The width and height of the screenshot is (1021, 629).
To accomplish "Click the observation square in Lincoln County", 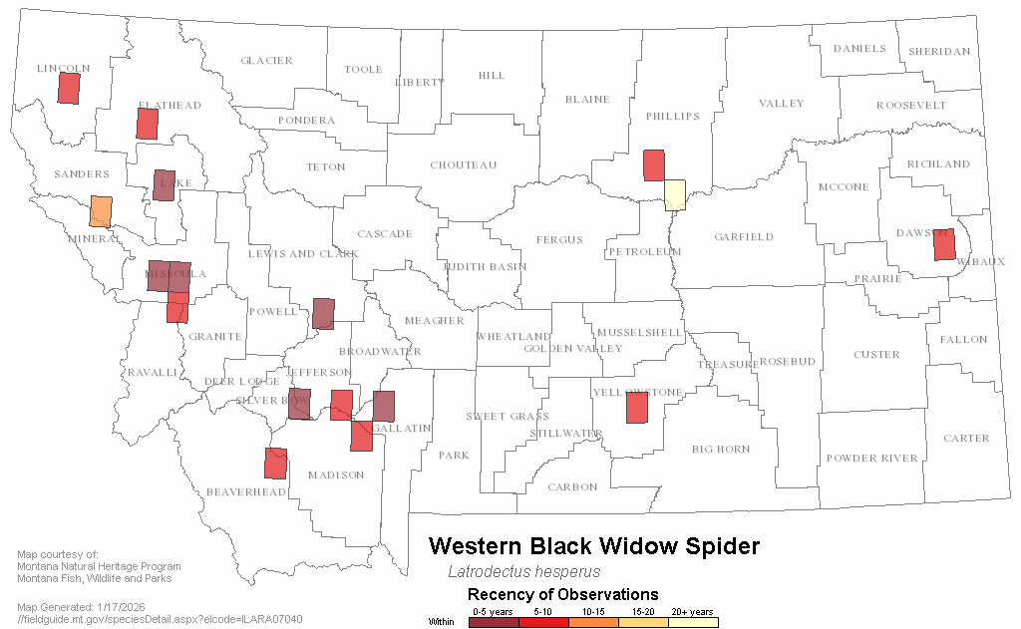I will pyautogui.click(x=69, y=88).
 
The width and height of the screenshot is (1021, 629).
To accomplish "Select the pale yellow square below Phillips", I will pyautogui.click(x=675, y=193).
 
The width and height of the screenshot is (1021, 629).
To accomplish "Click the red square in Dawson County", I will pyautogui.click(x=944, y=244).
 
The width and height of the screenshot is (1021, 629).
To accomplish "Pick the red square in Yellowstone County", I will pyautogui.click(x=637, y=408).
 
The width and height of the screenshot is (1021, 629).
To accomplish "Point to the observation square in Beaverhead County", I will pyautogui.click(x=276, y=464).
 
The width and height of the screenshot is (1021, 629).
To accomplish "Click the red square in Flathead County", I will pyautogui.click(x=148, y=124).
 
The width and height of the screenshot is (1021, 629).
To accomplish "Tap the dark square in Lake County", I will pyautogui.click(x=165, y=185).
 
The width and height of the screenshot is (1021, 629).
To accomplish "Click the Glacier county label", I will pyautogui.click(x=266, y=61).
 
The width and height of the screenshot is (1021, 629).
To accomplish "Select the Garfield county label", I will pyautogui.click(x=744, y=237).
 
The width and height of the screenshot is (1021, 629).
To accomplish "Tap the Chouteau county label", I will pyautogui.click(x=463, y=165).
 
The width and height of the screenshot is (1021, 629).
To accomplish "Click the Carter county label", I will pyautogui.click(x=966, y=439).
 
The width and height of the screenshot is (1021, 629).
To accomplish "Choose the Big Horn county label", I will pyautogui.click(x=722, y=450).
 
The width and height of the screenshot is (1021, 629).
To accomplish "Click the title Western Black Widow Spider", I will pyautogui.click(x=594, y=546).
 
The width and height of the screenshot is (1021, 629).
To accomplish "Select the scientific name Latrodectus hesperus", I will pyautogui.click(x=523, y=572).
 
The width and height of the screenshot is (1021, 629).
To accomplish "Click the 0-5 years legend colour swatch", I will pyautogui.click(x=494, y=622).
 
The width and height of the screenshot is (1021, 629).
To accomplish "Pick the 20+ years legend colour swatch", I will pyautogui.click(x=693, y=622).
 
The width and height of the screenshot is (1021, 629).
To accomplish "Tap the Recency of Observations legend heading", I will pyautogui.click(x=562, y=595).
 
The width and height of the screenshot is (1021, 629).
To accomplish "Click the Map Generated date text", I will pyautogui.click(x=83, y=607).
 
